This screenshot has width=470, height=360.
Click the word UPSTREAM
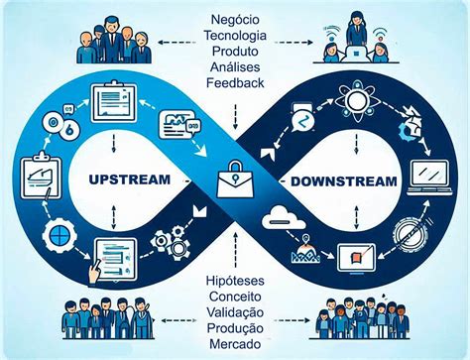(x=129, y=180)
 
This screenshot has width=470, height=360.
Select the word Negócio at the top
(x=236, y=18)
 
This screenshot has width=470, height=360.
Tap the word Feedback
(x=236, y=82)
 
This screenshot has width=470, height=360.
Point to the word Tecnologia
(x=236, y=35)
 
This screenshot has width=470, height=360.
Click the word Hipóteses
(x=236, y=282)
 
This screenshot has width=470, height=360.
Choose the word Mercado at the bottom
(x=236, y=344)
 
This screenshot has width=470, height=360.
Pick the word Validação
(x=236, y=312)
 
